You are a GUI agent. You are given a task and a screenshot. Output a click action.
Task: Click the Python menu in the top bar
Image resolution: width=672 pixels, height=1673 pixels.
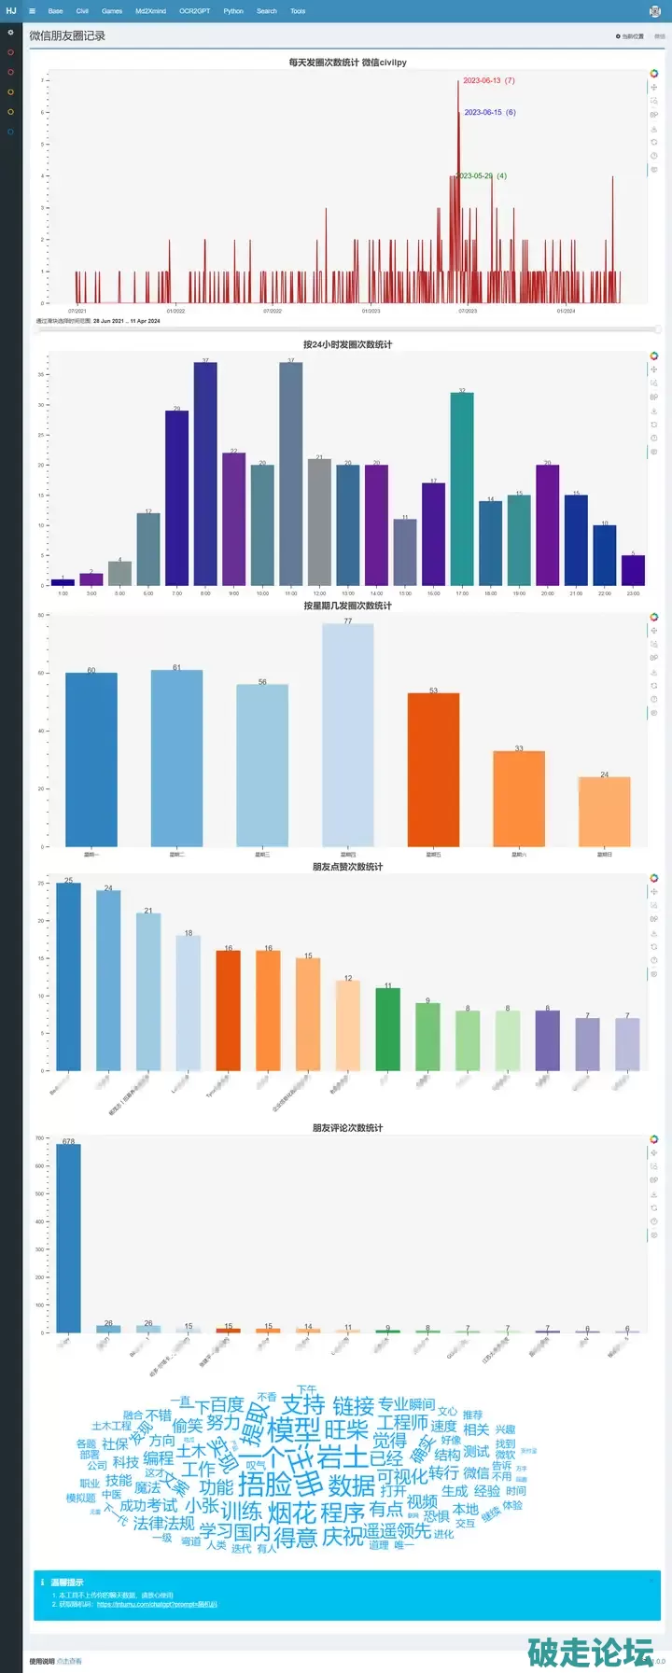click(233, 11)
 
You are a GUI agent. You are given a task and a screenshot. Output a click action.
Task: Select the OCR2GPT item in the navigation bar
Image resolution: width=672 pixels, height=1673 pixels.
click(194, 11)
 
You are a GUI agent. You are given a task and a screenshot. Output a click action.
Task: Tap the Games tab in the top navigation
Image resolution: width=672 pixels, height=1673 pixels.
click(112, 11)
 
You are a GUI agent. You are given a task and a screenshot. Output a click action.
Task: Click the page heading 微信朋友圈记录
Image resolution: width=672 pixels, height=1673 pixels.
click(67, 36)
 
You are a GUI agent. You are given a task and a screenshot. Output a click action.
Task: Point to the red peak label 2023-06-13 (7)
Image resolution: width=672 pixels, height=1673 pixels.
click(488, 81)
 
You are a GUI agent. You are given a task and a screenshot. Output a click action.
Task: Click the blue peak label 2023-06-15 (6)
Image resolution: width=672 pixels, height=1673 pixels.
click(490, 113)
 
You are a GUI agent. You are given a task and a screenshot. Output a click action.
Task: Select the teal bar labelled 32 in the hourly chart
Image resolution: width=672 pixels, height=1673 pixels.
click(462, 489)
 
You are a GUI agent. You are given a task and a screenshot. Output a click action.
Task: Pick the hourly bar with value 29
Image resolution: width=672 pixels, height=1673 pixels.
click(176, 497)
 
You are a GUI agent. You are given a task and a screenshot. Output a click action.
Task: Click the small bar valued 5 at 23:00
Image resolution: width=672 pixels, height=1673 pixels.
click(633, 570)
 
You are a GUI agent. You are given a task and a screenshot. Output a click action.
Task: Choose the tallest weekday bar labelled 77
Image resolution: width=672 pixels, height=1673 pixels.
click(348, 734)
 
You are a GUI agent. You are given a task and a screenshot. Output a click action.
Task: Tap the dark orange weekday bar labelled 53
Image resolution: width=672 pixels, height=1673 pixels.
click(433, 770)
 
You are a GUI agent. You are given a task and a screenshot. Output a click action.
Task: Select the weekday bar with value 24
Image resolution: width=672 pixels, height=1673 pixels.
click(604, 812)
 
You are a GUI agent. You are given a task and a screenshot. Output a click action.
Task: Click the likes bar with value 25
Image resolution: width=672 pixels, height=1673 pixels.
click(68, 976)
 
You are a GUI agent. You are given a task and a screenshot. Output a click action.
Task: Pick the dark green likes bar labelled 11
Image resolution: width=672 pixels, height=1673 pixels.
click(388, 1028)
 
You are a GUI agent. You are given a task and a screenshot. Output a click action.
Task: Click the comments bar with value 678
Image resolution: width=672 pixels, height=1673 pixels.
click(68, 1238)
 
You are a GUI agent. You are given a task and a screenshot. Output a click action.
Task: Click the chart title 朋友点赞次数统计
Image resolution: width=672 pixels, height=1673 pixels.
click(347, 867)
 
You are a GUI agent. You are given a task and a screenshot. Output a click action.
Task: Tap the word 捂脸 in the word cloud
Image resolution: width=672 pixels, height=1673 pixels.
click(265, 1485)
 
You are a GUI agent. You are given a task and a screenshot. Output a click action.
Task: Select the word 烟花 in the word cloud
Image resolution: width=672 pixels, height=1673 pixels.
click(292, 1513)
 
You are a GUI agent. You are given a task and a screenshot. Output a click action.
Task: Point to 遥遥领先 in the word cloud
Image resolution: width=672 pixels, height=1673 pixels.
click(398, 1531)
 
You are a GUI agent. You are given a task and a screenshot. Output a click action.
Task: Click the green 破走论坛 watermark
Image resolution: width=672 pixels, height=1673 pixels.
click(590, 1652)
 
